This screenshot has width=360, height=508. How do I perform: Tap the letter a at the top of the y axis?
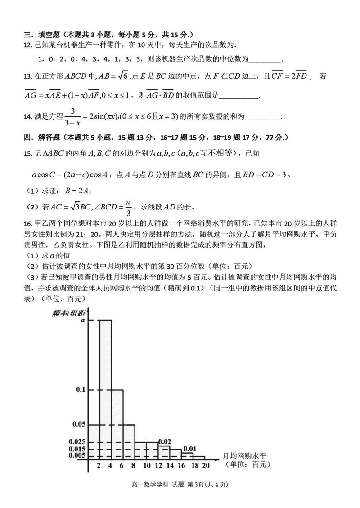click(83, 320)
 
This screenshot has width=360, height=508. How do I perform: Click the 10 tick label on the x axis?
click(147, 465)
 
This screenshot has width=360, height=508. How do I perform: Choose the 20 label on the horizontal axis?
click(206, 465)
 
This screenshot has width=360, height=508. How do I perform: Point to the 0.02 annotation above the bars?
click(165, 441)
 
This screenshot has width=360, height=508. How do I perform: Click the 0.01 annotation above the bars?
click(189, 448)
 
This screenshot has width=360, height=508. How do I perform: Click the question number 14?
click(28, 117)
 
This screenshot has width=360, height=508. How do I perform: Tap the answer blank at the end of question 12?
click(265, 59)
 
